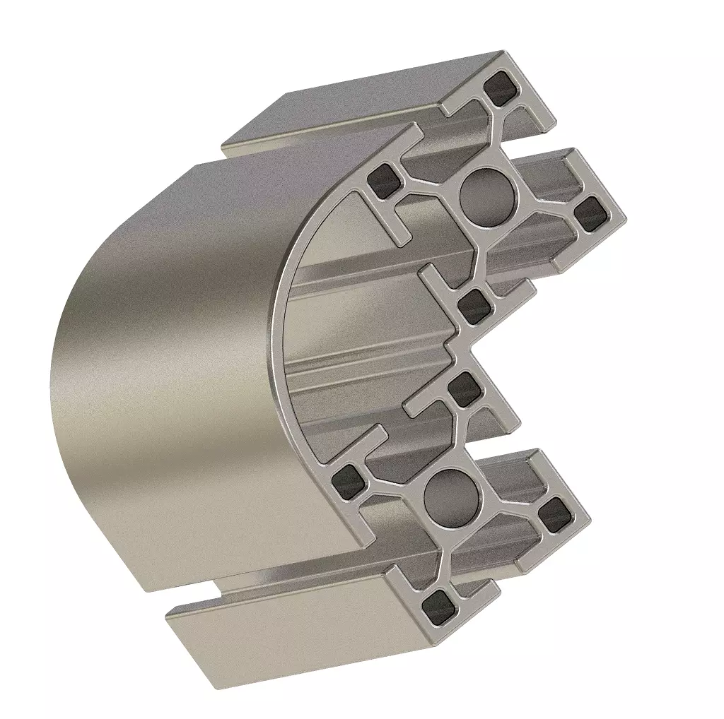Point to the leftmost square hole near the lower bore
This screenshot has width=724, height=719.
(x=349, y=480)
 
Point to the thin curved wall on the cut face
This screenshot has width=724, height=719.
(x=280, y=318)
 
